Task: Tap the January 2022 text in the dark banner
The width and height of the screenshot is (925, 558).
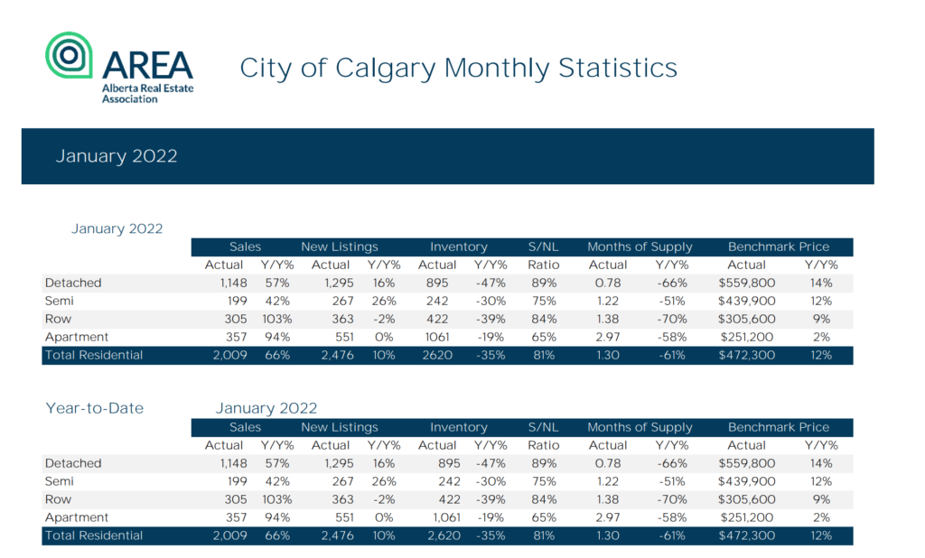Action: [117, 156]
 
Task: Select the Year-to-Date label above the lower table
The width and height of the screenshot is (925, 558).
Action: [94, 408]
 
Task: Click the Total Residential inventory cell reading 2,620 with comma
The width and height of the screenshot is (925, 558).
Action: [440, 535]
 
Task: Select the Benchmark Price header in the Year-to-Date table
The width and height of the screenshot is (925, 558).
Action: [779, 427]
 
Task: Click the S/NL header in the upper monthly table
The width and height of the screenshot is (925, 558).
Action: [544, 246]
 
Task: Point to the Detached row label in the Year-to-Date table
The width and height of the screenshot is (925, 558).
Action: [73, 463]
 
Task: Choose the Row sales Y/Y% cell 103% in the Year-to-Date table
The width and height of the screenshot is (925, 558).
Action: [276, 499]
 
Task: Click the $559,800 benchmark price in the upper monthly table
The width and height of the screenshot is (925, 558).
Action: [746, 283]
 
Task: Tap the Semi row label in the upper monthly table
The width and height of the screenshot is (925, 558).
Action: [60, 301]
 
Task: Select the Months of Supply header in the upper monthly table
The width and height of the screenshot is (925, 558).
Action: [640, 246]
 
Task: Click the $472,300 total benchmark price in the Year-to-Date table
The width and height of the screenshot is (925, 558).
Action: [746, 535]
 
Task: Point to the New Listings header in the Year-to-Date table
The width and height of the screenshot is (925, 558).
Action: [340, 427]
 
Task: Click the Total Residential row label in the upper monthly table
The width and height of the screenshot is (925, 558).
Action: [94, 355]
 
